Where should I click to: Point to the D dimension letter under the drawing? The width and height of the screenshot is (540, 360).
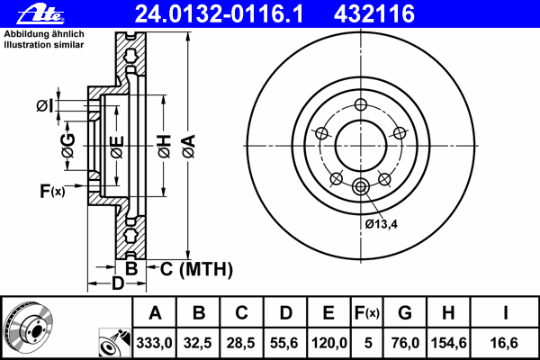(117, 285)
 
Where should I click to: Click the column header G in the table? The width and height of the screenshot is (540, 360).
(404, 313)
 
